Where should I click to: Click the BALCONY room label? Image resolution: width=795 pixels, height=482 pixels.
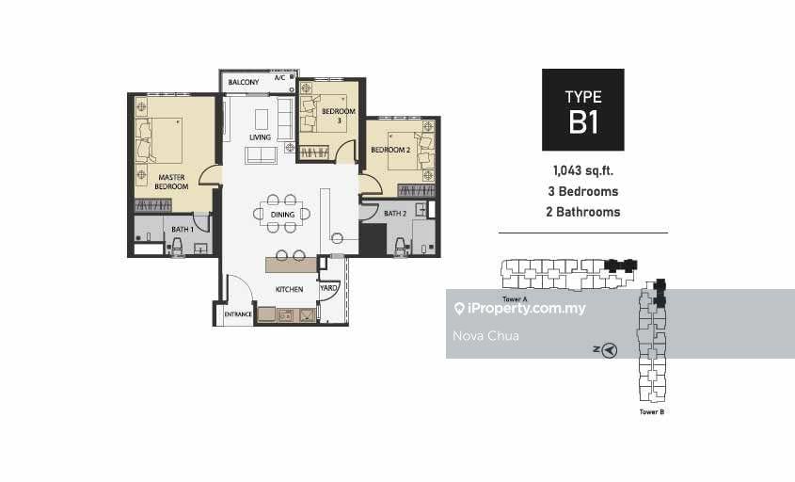[244, 82]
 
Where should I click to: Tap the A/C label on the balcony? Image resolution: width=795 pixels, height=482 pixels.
[279, 77]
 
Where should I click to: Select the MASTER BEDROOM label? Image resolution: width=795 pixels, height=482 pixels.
[171, 182]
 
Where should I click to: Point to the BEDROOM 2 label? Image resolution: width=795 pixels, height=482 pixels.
[390, 150]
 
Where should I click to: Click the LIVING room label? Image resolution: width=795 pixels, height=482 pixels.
[260, 137]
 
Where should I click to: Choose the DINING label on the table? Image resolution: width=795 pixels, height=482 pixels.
[282, 215]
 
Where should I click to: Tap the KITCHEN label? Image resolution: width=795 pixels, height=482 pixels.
[289, 289]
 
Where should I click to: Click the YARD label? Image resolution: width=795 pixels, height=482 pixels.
[328, 288]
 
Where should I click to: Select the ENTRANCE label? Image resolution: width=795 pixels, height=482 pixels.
[238, 314]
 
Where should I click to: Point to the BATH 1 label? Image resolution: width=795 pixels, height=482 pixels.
[183, 230]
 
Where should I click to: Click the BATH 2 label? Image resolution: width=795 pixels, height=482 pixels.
[395, 214]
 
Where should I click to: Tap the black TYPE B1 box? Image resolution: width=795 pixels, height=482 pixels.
[583, 109]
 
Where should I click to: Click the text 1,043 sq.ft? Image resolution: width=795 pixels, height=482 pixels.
[583, 170]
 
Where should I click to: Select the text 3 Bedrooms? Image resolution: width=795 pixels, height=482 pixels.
[583, 191]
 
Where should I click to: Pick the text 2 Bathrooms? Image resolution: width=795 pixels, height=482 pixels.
[583, 212]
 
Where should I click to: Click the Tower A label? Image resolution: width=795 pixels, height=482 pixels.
[515, 299]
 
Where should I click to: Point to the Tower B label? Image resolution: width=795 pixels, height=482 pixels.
[651, 412]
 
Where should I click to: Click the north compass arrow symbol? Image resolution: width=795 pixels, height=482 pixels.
[610, 349]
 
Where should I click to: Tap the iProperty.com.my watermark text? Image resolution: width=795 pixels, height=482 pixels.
[526, 308]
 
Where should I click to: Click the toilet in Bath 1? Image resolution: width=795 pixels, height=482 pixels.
[177, 247]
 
